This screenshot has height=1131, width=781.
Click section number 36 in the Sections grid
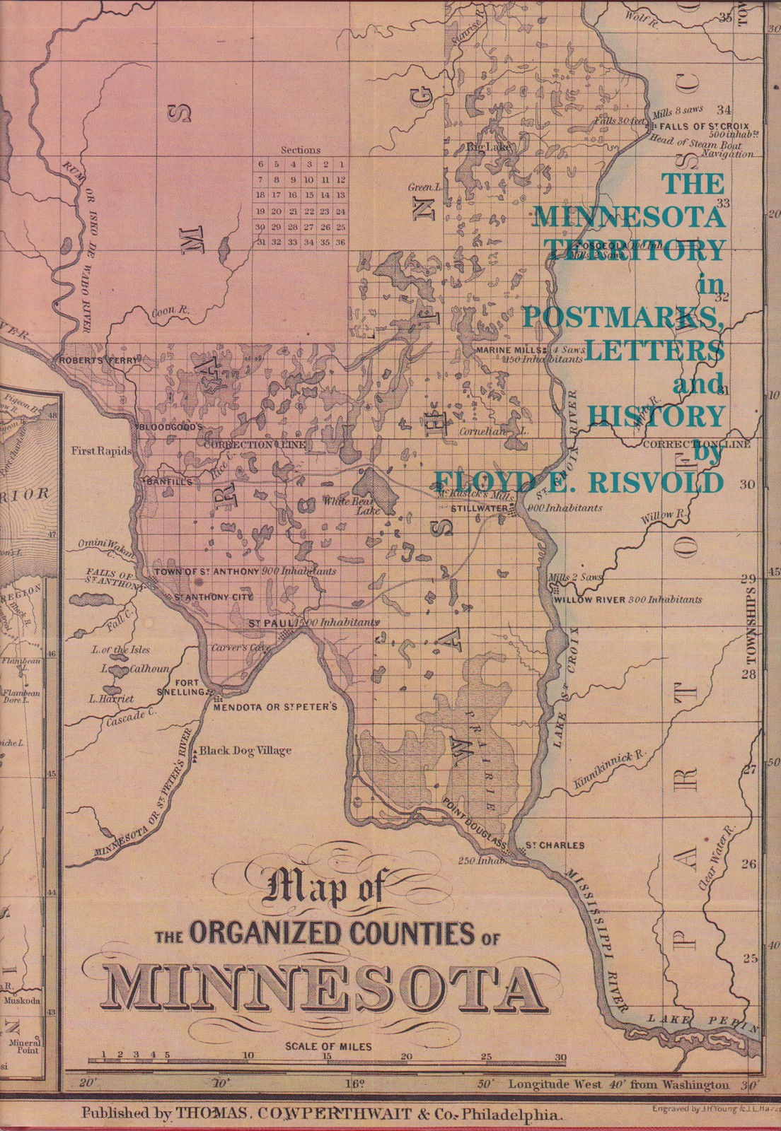(x=340, y=242)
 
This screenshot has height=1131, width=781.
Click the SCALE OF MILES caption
(x=328, y=1047)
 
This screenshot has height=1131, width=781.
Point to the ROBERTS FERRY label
(x=96, y=361)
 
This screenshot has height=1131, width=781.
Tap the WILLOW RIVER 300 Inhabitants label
(x=627, y=599)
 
